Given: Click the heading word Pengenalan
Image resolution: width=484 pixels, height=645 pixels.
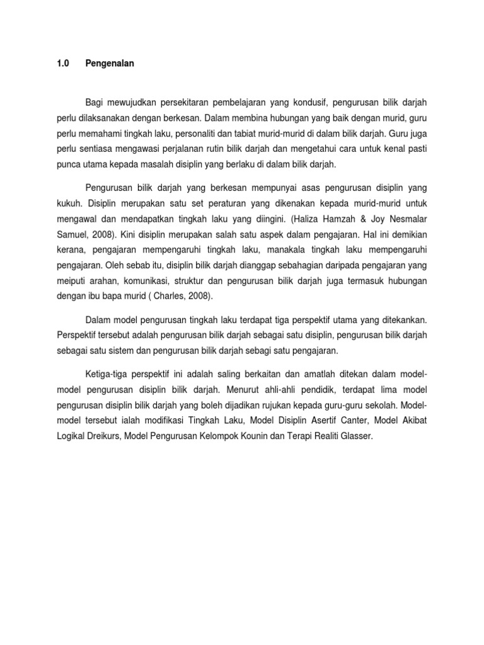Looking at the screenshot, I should pos(110,64).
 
